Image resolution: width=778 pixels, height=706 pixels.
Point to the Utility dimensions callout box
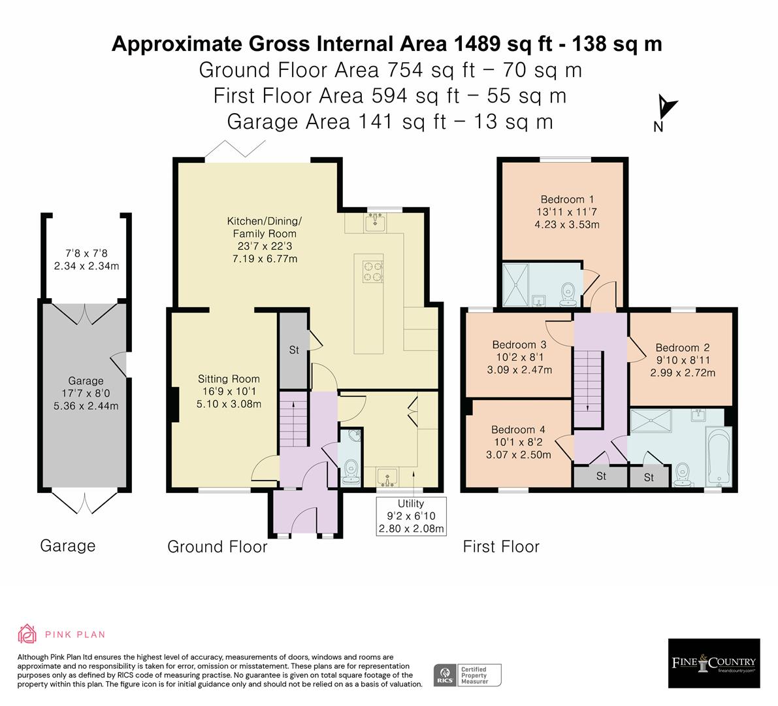(x=411, y=516)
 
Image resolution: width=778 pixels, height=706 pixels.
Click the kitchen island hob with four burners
(x=372, y=271)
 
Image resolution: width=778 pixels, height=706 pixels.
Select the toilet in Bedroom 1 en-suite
(x=567, y=292)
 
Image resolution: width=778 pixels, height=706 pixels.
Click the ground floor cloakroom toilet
(x=351, y=469)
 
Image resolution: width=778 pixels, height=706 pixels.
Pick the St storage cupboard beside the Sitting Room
(x=294, y=350)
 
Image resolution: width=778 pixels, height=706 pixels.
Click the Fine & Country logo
(x=713, y=662)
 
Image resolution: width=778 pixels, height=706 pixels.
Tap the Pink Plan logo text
(x=74, y=634)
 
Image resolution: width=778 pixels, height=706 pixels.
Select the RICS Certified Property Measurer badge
(x=468, y=675)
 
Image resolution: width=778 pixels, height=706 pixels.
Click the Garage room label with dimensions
(x=86, y=393)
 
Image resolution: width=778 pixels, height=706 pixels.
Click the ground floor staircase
(x=293, y=424)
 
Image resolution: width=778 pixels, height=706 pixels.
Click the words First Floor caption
(x=501, y=546)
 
